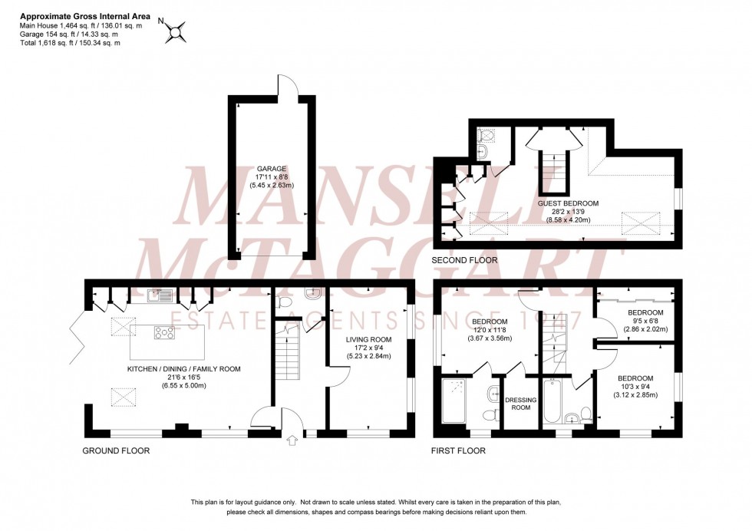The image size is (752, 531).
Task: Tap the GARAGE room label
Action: click(x=271, y=168)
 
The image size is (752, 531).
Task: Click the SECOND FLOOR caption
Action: click(x=464, y=261)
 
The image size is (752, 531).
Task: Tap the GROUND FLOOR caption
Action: click(x=115, y=451)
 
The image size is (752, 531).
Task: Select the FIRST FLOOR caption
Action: click(x=458, y=451)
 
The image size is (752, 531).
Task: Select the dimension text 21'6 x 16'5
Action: click(x=183, y=378)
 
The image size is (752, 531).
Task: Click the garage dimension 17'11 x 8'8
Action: click(x=271, y=176)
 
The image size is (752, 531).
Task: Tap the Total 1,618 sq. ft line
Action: click(x=70, y=43)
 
